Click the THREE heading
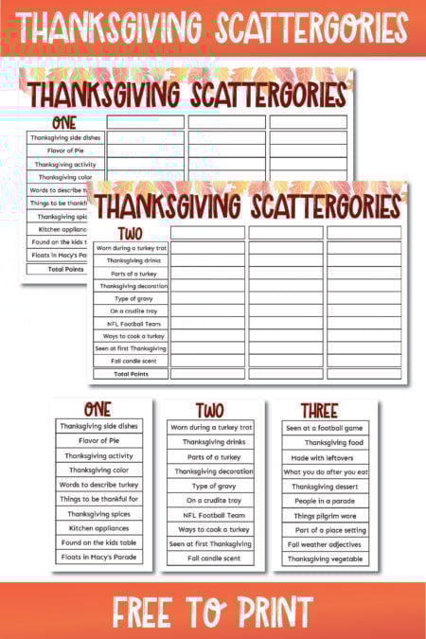[319, 411]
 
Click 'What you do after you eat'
[325, 471]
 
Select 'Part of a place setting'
[330, 530]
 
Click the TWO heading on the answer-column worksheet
[130, 232]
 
